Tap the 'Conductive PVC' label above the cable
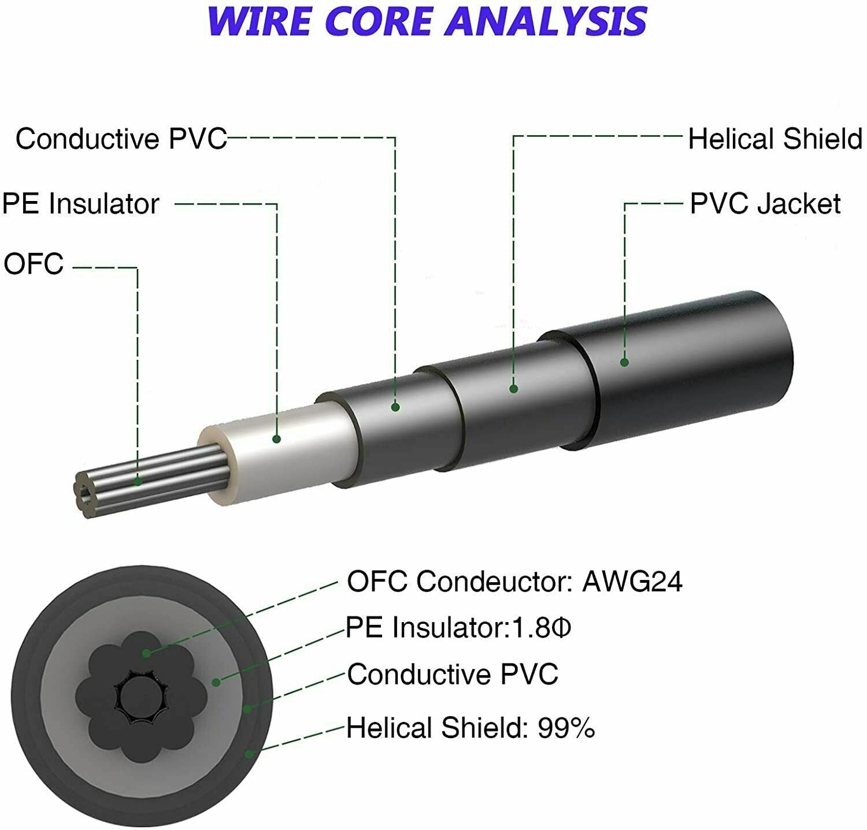point(121,139)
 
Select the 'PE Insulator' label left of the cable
point(81,204)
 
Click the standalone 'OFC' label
point(34,264)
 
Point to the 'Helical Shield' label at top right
point(775,139)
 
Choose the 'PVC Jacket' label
point(765,204)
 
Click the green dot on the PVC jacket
point(624,362)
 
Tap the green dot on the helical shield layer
point(513,389)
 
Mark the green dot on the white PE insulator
point(276,439)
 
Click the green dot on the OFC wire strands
point(138,481)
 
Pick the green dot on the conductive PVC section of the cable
point(395,407)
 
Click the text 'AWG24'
point(632,582)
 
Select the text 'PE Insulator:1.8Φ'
point(458,627)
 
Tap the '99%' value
point(566,728)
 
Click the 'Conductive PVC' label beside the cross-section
point(453,674)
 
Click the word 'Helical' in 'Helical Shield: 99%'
point(390,728)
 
